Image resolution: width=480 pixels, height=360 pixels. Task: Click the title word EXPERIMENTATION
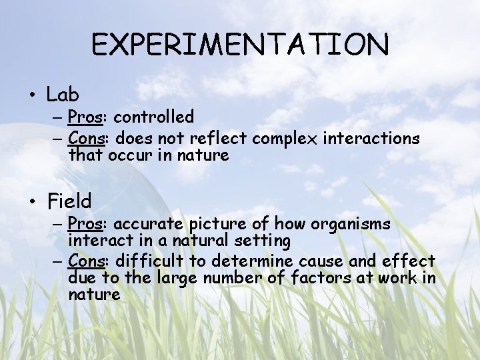240,45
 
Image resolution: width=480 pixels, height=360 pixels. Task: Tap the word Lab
63,95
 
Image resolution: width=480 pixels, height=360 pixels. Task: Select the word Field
69,201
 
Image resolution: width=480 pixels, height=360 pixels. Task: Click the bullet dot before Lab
32,95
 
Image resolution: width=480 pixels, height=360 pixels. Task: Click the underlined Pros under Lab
84,117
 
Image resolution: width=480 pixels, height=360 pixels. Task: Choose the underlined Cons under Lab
85,139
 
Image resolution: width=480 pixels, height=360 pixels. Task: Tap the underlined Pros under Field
84,224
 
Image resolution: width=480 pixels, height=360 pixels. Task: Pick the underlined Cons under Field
85,261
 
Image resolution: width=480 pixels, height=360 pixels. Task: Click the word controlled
154,117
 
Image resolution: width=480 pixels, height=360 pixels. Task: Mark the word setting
267,240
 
